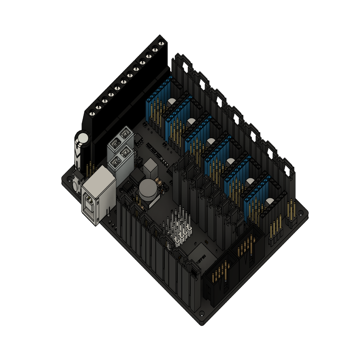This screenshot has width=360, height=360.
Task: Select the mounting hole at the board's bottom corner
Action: click(x=201, y=313)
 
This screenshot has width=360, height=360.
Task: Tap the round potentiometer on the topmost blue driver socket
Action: click(x=172, y=102)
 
